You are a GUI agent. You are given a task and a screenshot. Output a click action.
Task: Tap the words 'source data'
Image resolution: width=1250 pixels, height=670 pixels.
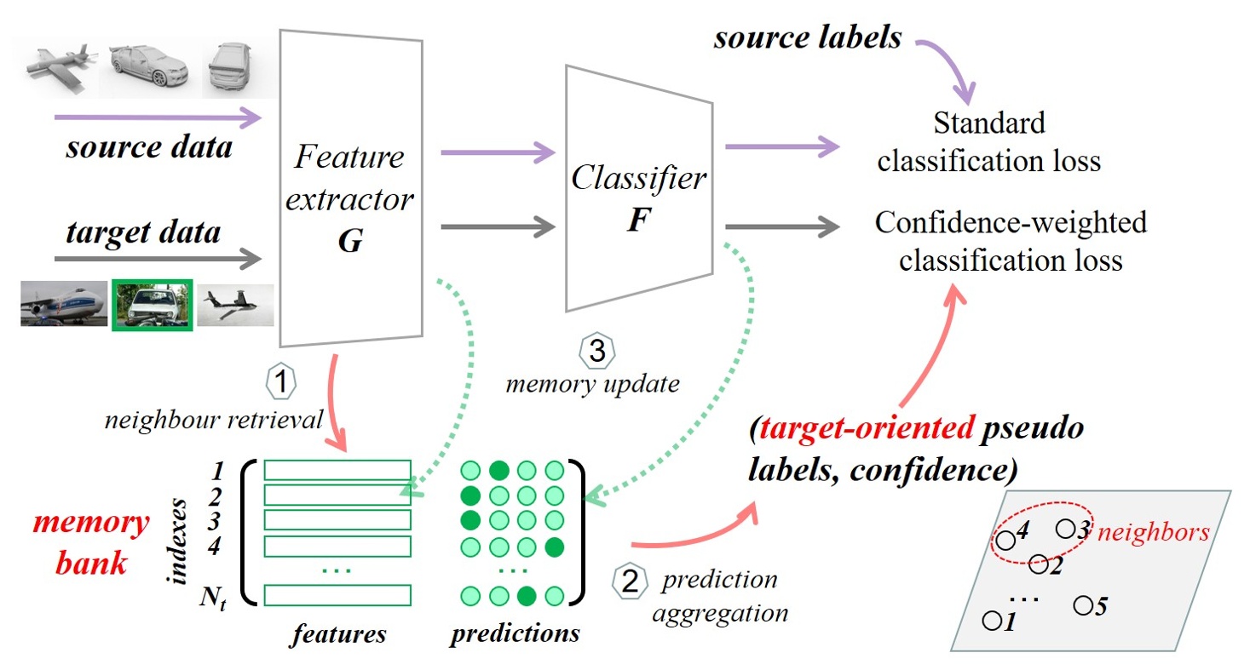coord(150,148)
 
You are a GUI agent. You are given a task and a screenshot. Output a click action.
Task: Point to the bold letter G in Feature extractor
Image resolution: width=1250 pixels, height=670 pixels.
coord(349,241)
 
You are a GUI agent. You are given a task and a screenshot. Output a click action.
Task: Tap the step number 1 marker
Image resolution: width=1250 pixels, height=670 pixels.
coord(282,381)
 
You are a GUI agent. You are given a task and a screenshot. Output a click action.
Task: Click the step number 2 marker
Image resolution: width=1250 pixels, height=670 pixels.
coord(629,581)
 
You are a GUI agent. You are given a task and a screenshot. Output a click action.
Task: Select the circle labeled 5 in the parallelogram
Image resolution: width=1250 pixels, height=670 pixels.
coord(1083,604)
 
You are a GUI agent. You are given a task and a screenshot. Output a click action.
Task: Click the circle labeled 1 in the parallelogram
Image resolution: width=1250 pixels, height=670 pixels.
coord(991,621)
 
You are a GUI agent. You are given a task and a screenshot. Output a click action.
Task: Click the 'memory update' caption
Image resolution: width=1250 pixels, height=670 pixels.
coord(593,384)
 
